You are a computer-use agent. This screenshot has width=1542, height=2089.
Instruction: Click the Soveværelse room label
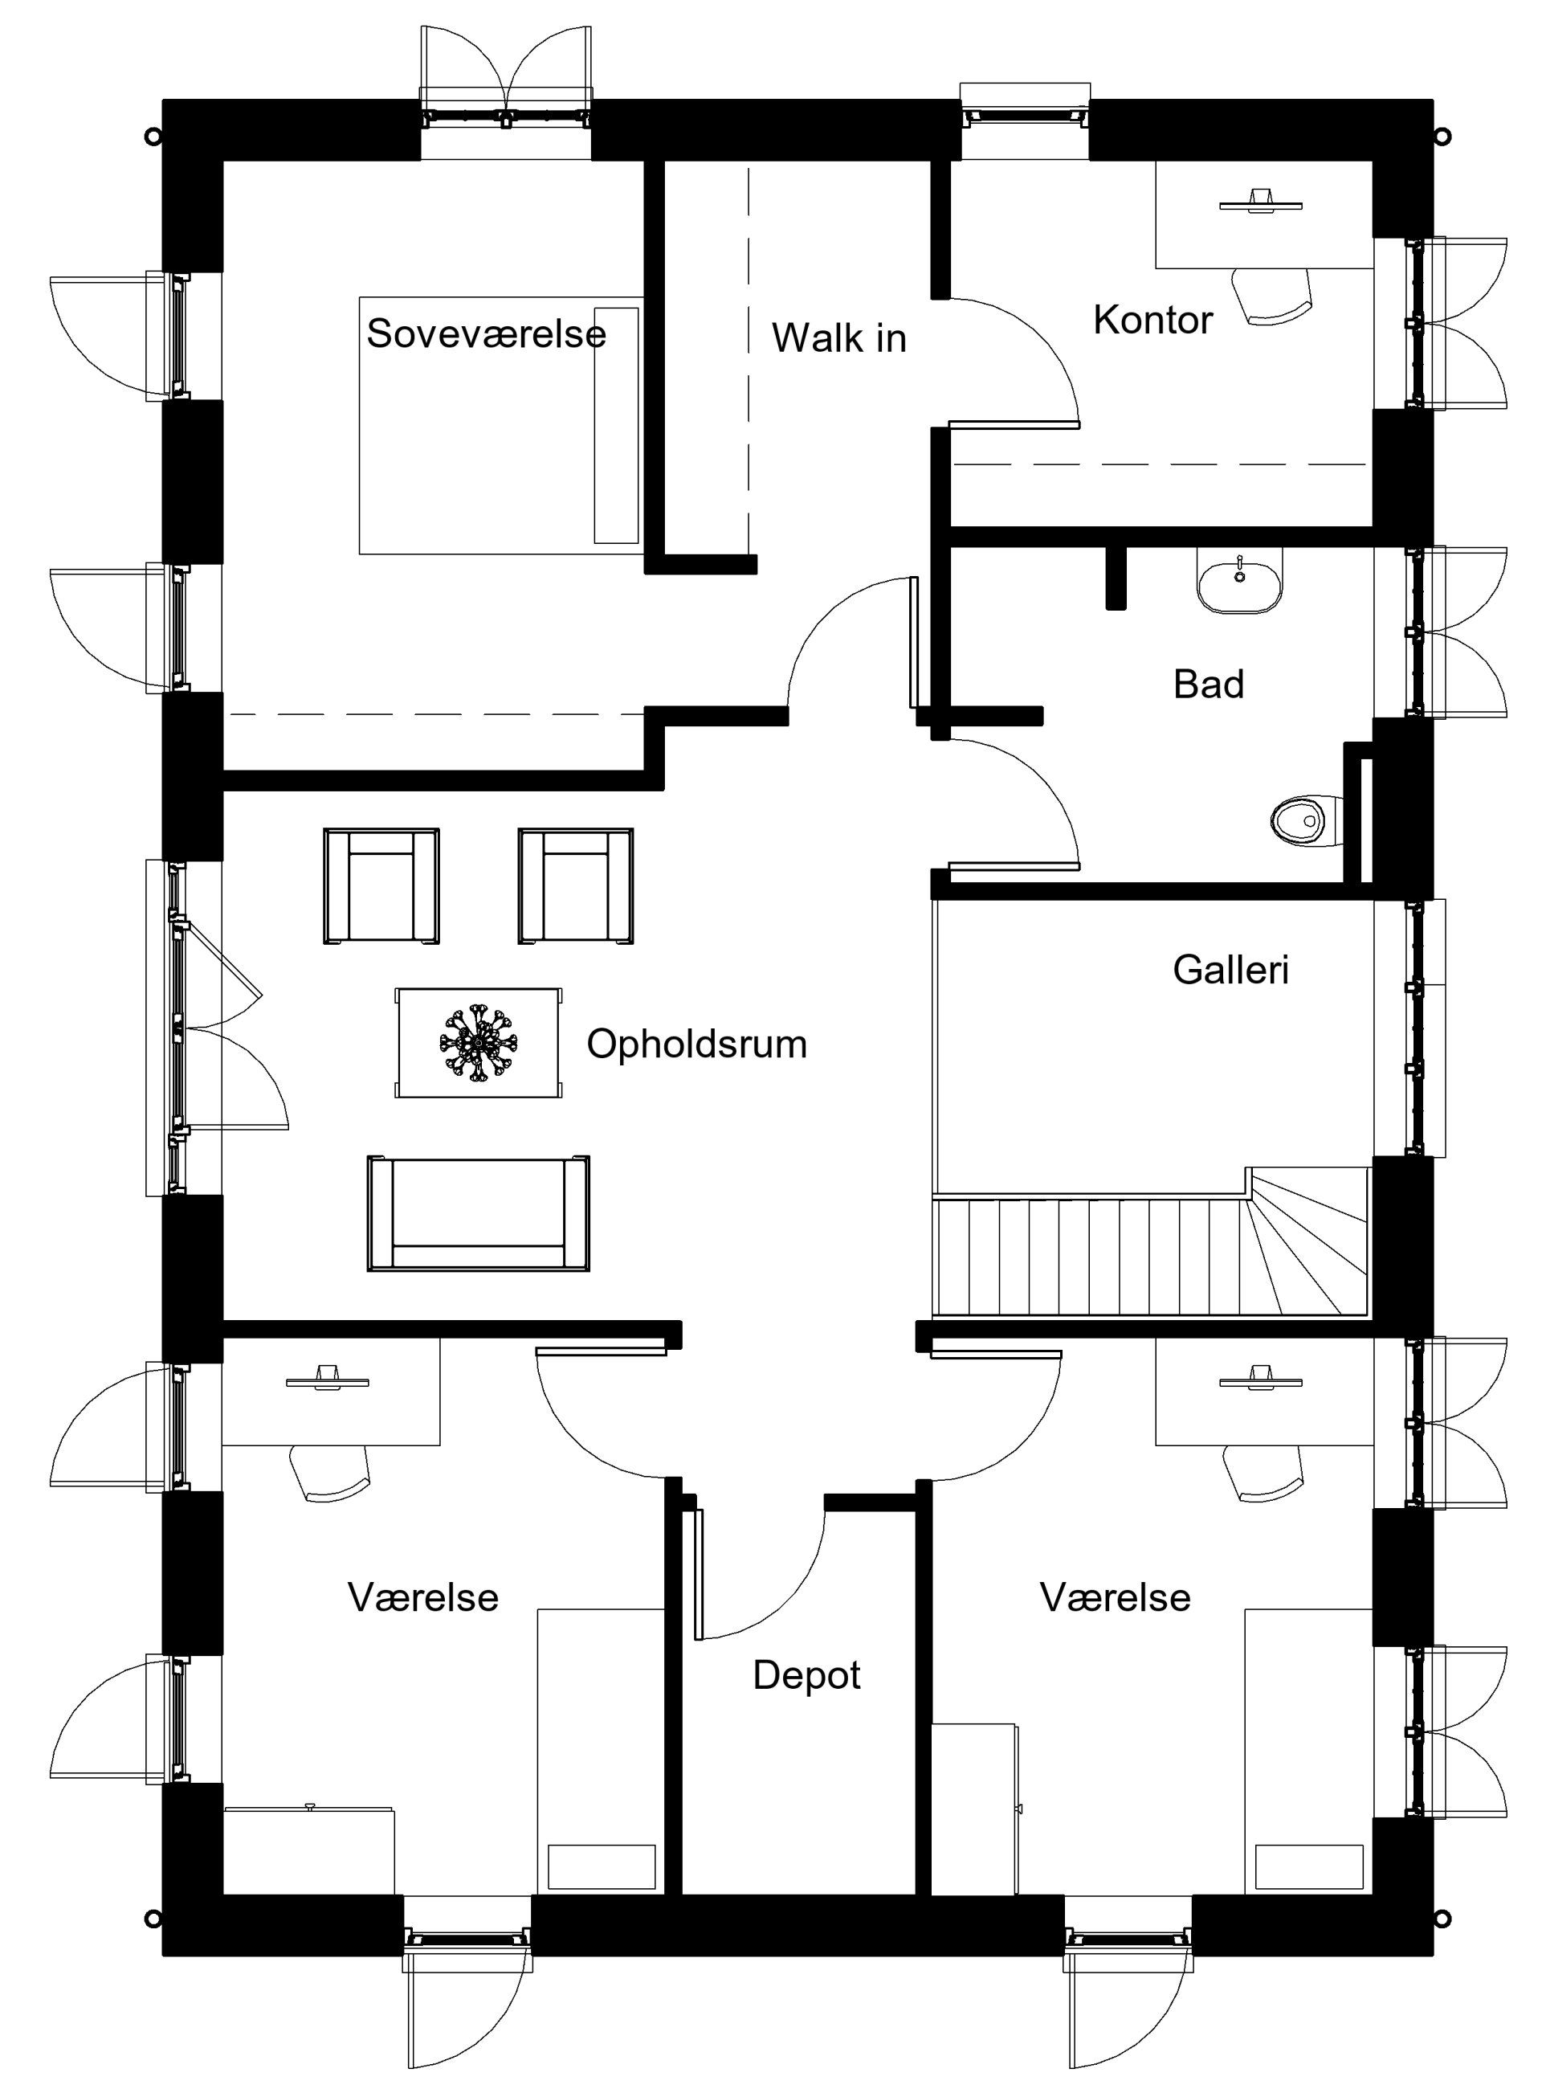pyautogui.click(x=487, y=333)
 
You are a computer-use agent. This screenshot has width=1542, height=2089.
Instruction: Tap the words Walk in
pyautogui.click(x=839, y=338)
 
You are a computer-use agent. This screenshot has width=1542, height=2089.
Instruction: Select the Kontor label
pyautogui.click(x=1152, y=321)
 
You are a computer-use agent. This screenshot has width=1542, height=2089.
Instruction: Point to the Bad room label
pyautogui.click(x=1209, y=685)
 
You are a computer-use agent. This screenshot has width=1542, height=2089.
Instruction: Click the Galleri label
pyautogui.click(x=1231, y=971)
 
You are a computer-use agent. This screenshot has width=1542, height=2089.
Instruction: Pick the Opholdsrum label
pyautogui.click(x=696, y=1044)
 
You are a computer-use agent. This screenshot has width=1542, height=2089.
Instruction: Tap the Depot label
pyautogui.click(x=806, y=1702)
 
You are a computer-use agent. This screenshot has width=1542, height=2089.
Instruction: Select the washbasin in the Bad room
pyautogui.click(x=1239, y=580)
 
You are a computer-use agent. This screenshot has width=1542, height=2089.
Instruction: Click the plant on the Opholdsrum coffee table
pyautogui.click(x=479, y=1042)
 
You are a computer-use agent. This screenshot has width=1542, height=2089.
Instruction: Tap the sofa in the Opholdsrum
pyautogui.click(x=478, y=1213)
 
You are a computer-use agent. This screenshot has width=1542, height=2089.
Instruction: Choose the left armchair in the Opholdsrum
pyautogui.click(x=381, y=885)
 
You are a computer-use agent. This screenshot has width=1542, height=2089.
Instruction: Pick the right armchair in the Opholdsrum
pyautogui.click(x=576, y=885)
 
